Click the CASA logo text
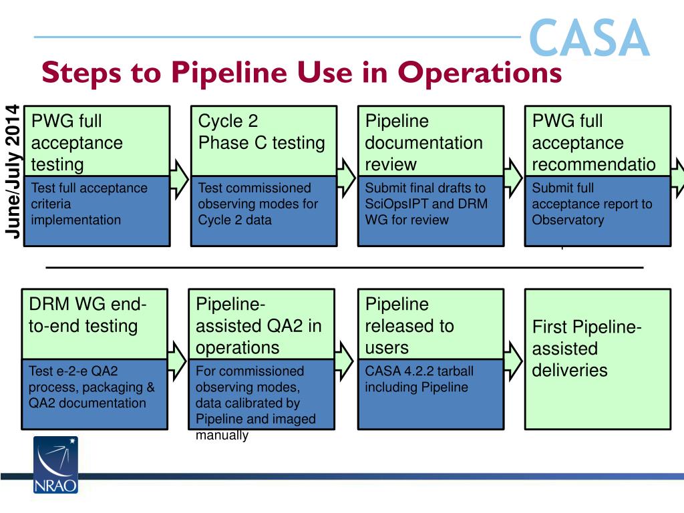tap(588, 39)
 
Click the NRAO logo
tap(56, 465)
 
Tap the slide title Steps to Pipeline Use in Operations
tap(301, 72)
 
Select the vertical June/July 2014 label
tap(12, 170)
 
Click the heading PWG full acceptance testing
tap(77, 142)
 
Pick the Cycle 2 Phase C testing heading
tap(261, 132)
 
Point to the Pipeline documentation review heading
tap(423, 142)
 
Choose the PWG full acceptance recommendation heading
tap(593, 142)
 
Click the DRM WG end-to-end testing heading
tap(87, 315)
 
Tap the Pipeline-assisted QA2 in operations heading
tap(259, 326)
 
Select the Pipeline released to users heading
tap(409, 326)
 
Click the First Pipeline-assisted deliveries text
tap(586, 349)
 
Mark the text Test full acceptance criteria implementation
tap(89, 204)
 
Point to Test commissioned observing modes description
tap(258, 204)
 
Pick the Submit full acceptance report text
tap(592, 204)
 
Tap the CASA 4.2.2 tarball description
tap(420, 379)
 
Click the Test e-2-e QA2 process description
tap(92, 387)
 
